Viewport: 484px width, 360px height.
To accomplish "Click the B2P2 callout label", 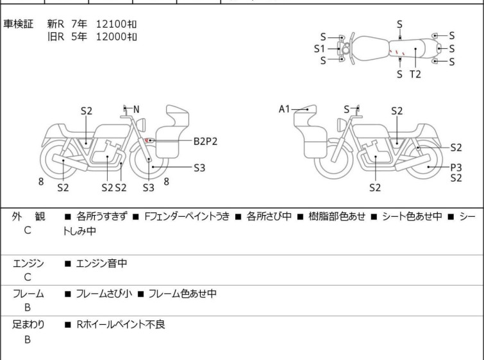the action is coord(205,141).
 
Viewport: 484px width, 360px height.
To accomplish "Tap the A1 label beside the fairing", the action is coord(284,109).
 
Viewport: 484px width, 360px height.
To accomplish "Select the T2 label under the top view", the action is coord(415,74).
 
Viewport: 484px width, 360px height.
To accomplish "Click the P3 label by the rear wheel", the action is coord(456,167).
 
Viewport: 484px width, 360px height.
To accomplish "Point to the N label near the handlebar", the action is coord(136,109).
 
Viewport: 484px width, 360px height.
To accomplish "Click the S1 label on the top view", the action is coord(319,49).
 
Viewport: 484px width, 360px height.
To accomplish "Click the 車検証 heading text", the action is coord(18,24).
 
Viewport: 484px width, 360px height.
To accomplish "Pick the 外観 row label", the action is coord(28,216).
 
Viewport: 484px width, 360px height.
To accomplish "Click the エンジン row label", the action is coord(28,263).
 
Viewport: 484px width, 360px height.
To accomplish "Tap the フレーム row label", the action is coord(28,293).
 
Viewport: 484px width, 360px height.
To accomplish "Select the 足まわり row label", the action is coord(28,324).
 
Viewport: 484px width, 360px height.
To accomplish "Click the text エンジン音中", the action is coord(101,263).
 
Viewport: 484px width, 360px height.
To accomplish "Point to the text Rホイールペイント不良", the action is coord(121,324).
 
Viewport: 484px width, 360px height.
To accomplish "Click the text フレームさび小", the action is coord(104,293).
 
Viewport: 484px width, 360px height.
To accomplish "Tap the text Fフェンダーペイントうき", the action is coord(187,216).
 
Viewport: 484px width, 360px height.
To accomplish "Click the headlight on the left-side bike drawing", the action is coord(141,124).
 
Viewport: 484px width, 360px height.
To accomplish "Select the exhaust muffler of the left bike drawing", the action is coord(70,162).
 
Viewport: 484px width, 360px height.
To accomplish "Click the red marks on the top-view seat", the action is coord(397,52).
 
